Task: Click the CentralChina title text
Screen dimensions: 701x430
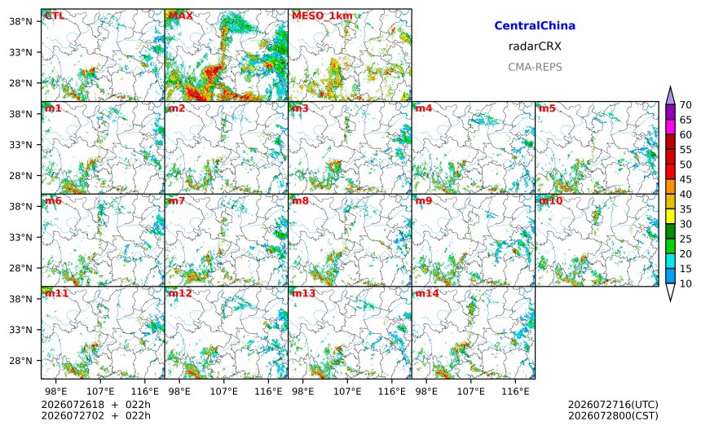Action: click(x=535, y=25)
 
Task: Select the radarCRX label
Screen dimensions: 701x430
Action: click(x=535, y=46)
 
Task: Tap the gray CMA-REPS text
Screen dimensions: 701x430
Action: click(x=535, y=67)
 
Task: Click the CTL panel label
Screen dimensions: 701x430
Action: click(x=55, y=15)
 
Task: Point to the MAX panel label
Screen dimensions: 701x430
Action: click(x=181, y=15)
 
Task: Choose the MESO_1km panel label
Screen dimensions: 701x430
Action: click(x=322, y=16)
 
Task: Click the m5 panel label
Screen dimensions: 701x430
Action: click(x=547, y=108)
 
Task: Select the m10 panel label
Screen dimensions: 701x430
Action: click(x=550, y=200)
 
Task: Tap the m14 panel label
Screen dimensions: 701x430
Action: click(x=427, y=293)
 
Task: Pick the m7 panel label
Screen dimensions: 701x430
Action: click(x=177, y=200)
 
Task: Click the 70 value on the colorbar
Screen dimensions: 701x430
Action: click(x=686, y=105)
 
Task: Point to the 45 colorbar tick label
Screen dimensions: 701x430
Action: click(x=686, y=179)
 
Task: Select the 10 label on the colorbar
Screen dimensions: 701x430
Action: click(x=686, y=283)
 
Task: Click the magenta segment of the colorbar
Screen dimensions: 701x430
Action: click(x=670, y=127)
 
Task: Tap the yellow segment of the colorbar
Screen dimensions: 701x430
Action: click(x=670, y=217)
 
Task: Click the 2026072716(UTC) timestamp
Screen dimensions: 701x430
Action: click(x=613, y=405)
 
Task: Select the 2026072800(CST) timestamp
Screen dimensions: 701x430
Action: click(x=613, y=415)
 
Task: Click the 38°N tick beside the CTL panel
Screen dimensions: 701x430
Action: click(x=20, y=21)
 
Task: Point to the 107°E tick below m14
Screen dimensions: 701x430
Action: click(x=471, y=392)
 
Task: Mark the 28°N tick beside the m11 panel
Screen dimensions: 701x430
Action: click(x=20, y=360)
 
